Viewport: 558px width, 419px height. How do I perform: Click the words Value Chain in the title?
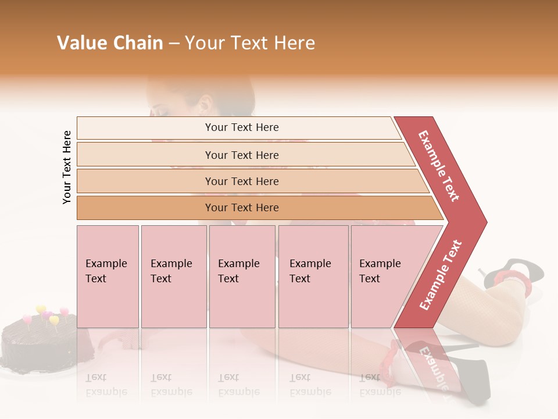(110, 43)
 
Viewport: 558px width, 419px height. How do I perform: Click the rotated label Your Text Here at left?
(67, 167)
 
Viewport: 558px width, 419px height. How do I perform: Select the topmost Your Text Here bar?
(241, 127)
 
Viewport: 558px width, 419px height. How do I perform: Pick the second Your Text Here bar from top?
(241, 155)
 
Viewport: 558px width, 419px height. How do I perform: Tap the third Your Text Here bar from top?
(241, 181)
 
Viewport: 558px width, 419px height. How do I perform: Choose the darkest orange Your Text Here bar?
(241, 208)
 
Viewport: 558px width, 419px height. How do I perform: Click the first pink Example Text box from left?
(108, 276)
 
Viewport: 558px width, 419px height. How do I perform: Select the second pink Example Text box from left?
(174, 276)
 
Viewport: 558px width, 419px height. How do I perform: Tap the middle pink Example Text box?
(242, 276)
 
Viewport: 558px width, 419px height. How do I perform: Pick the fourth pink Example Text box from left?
(313, 276)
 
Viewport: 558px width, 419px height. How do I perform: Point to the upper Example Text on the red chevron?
(439, 166)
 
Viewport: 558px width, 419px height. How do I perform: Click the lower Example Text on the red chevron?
(441, 275)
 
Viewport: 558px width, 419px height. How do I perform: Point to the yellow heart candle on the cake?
(41, 310)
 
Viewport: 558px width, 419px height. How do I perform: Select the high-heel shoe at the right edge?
(514, 274)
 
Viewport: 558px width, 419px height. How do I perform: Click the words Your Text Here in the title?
(250, 43)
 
